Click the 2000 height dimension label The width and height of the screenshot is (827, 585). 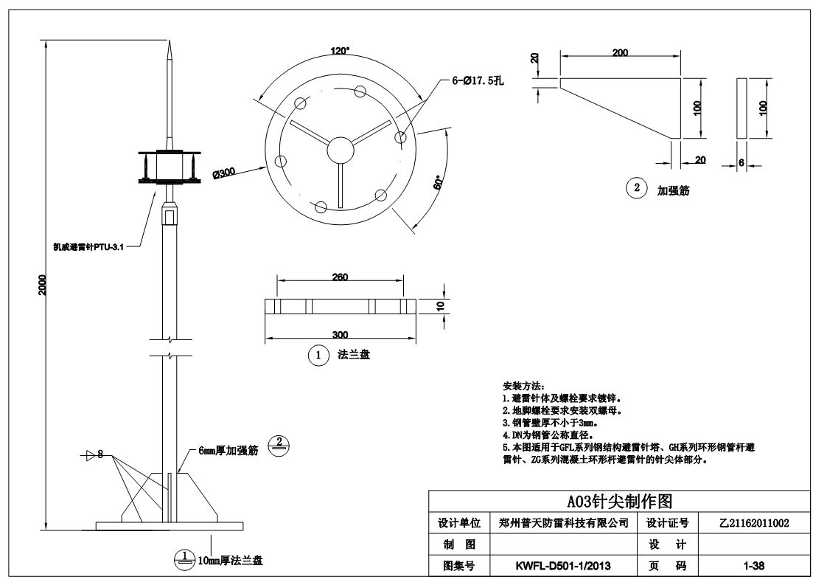43,284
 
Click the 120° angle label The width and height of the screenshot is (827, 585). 340,51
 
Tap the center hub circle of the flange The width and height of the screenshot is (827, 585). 340,145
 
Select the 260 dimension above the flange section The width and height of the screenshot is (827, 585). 340,277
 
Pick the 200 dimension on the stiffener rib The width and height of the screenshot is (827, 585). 620,52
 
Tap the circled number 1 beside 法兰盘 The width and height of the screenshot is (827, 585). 318,355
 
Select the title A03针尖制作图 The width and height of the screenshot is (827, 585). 619,502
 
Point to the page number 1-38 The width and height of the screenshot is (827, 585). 753,566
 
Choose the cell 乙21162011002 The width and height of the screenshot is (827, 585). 753,523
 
